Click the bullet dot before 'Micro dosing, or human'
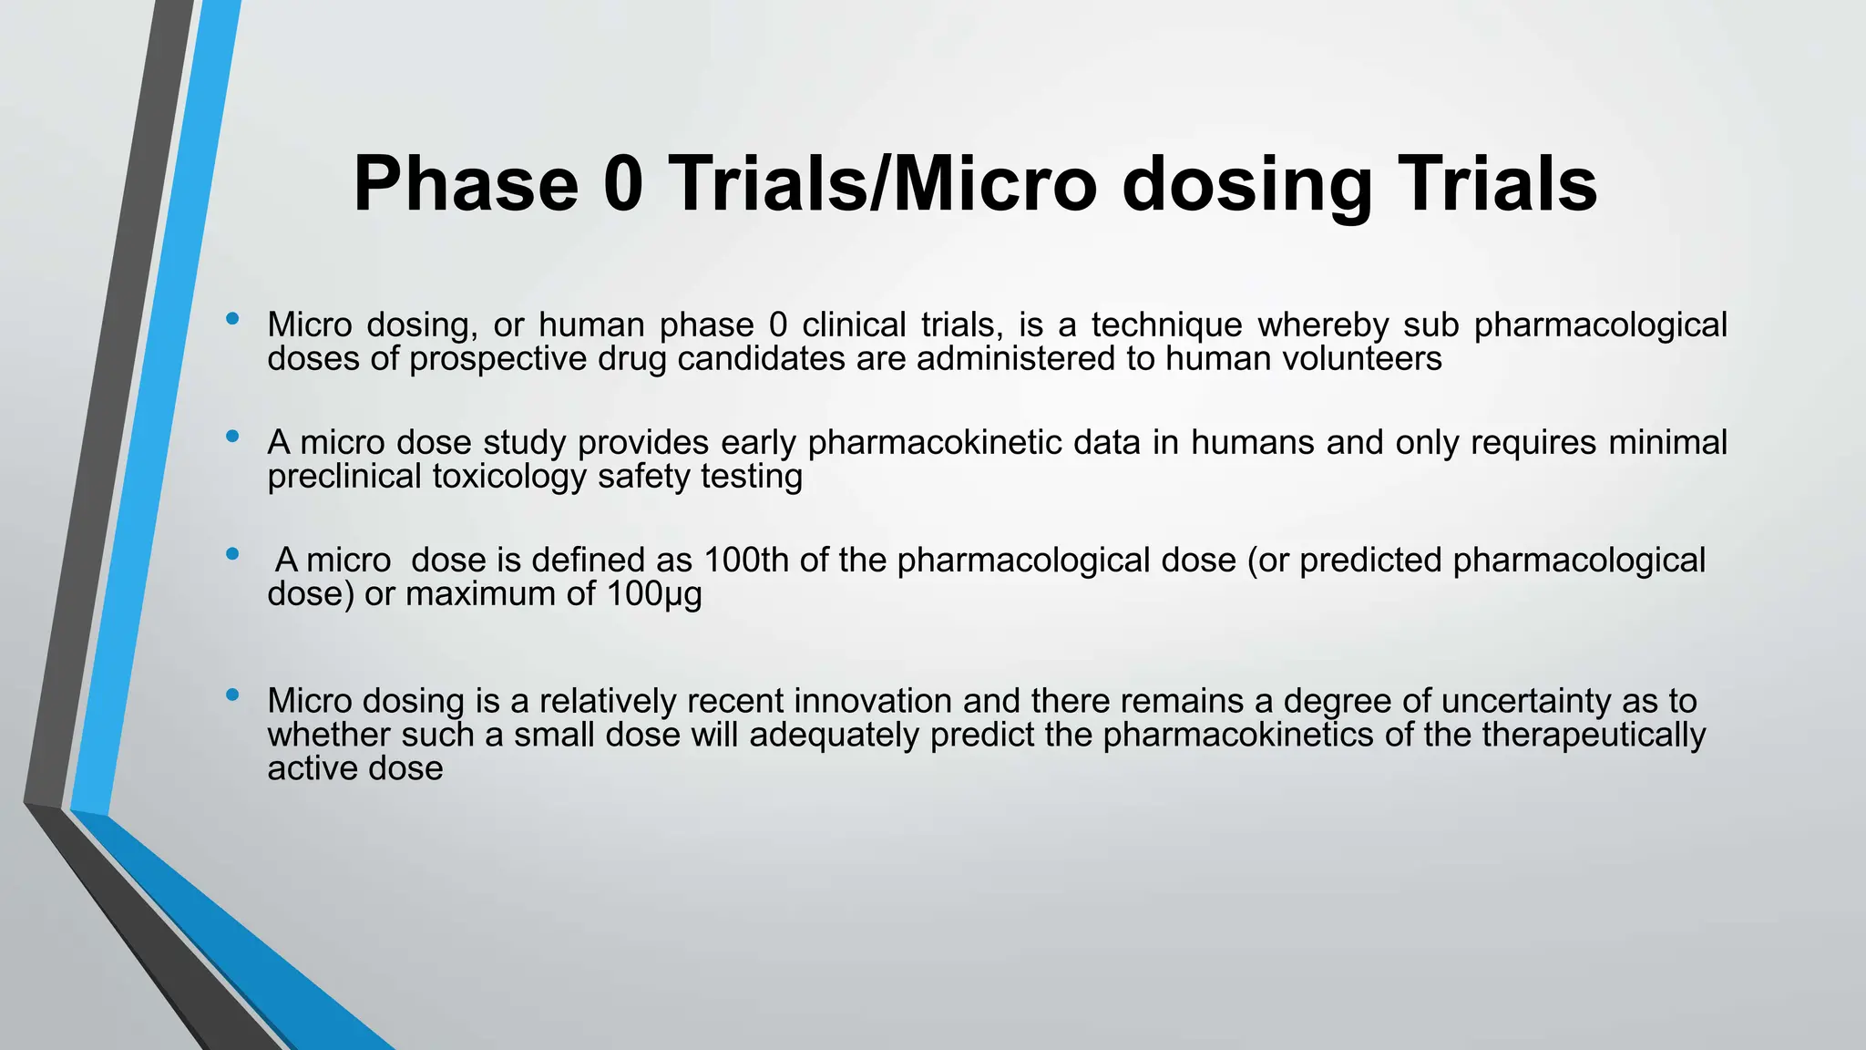click(232, 319)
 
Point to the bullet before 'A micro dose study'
click(232, 437)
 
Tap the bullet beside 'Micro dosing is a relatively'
click(232, 695)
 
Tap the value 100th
click(746, 560)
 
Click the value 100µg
click(654, 594)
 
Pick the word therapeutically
click(1594, 735)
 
